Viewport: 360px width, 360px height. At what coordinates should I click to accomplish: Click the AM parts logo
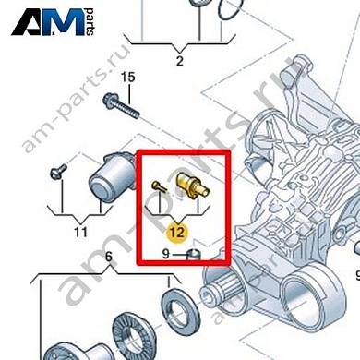coord(56,21)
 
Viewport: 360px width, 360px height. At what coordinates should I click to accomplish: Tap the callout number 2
coord(179,62)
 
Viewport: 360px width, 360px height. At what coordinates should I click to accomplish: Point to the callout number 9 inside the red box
coord(166,252)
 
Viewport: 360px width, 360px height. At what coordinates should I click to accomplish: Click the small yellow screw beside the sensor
coord(159,188)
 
